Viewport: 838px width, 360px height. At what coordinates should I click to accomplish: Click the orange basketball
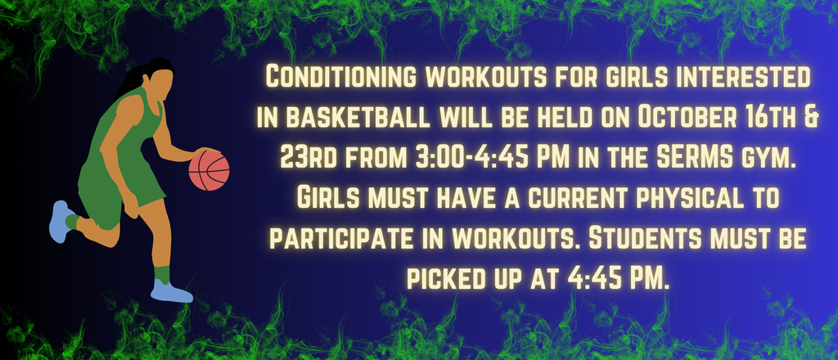tap(209, 170)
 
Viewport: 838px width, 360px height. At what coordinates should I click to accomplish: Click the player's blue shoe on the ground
tap(171, 290)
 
